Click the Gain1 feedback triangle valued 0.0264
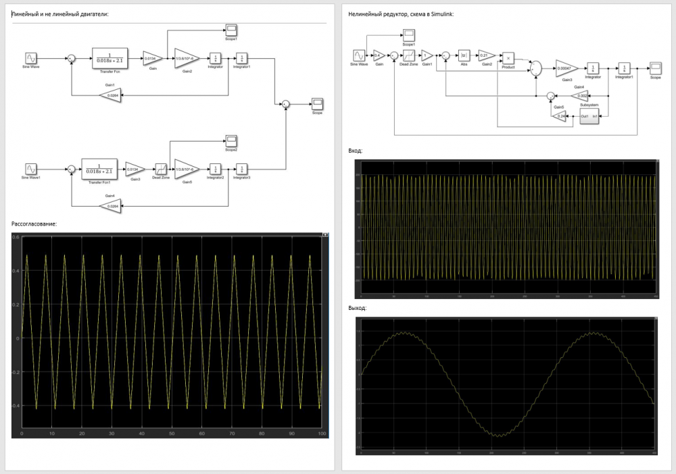tap(110, 95)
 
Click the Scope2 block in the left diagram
tap(231, 140)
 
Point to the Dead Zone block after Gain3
tap(161, 169)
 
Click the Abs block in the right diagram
tap(464, 56)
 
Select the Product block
tap(508, 57)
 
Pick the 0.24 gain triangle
tap(559, 116)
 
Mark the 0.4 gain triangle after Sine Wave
tap(379, 56)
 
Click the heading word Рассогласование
tap(34, 223)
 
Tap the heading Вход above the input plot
tap(355, 151)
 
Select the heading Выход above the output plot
tap(357, 308)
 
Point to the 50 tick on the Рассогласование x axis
tap(172, 433)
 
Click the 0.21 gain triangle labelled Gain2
tap(485, 56)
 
